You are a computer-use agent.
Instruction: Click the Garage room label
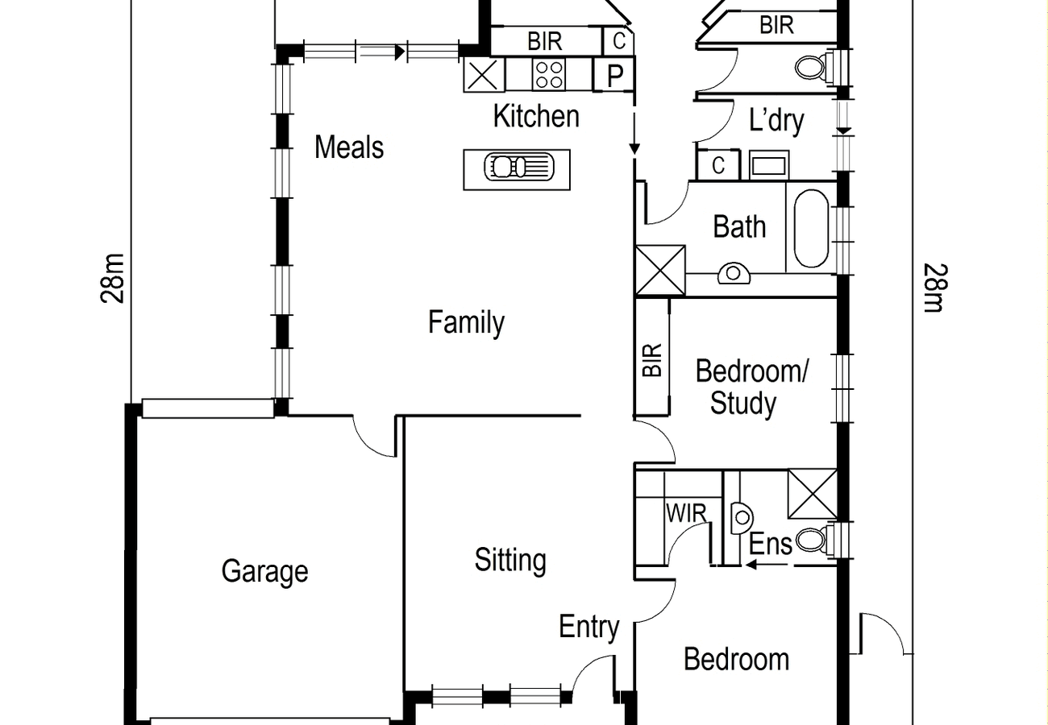point(264,571)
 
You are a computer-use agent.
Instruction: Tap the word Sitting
point(510,561)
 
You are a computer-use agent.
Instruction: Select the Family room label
point(467,322)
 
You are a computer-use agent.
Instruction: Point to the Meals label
point(349,147)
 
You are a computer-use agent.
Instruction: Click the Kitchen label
point(536,116)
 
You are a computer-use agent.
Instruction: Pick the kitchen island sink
point(519,167)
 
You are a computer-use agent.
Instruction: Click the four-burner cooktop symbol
point(549,75)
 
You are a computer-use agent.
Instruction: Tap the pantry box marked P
point(613,74)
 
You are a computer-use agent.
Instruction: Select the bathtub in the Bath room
point(811,229)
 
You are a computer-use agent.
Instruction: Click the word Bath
point(739,226)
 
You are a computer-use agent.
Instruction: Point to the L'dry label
point(776,121)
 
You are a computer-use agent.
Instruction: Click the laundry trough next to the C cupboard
point(769,165)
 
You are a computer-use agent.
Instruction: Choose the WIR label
point(686,513)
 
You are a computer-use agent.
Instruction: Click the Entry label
point(589,628)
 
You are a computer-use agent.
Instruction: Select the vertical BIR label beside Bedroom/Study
point(653,360)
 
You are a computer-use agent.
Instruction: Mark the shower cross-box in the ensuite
point(813,494)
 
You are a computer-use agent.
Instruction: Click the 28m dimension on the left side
point(113,279)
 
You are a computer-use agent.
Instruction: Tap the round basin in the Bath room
point(734,273)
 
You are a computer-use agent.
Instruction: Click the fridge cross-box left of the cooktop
point(484,75)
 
